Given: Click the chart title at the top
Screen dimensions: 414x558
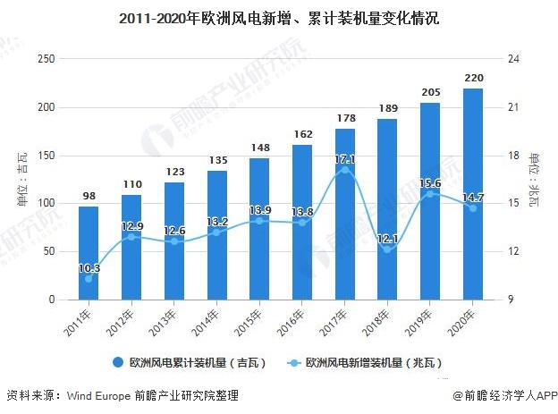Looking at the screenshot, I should [x=278, y=17].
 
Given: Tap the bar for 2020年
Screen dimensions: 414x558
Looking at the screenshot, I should [x=474, y=193].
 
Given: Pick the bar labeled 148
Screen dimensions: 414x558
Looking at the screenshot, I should [x=259, y=228].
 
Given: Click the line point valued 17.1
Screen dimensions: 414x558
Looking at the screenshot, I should [x=345, y=170].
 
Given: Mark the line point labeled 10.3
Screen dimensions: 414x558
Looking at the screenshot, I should [x=89, y=278].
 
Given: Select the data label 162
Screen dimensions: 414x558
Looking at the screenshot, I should [x=302, y=134].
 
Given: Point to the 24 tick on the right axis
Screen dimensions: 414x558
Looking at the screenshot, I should [x=514, y=59].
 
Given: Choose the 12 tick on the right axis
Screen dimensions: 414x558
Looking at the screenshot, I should [x=514, y=252].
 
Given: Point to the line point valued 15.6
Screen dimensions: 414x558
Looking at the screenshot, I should [x=431, y=193].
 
